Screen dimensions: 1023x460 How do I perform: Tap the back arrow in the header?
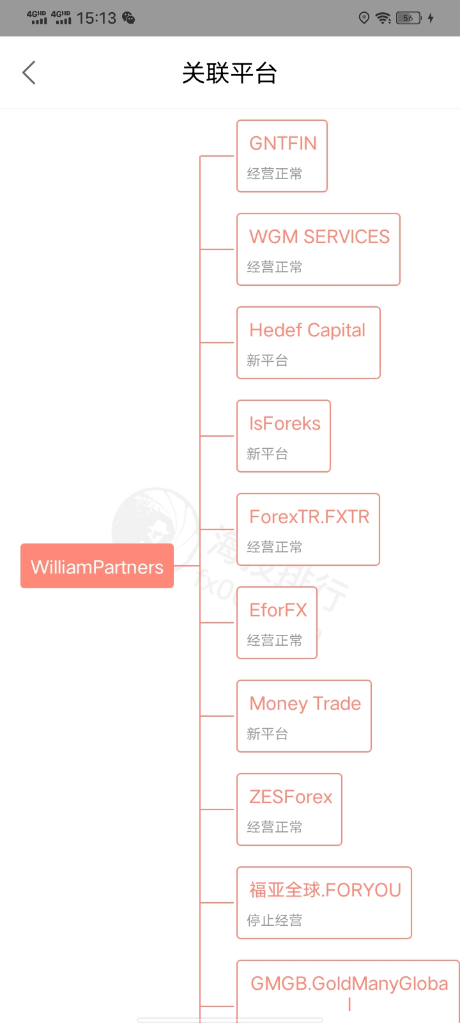[29, 73]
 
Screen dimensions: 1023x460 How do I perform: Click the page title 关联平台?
[229, 73]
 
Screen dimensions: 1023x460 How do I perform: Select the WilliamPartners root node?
[97, 566]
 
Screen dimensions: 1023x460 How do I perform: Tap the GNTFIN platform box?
[282, 156]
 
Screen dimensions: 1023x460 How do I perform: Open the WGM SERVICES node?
[318, 249]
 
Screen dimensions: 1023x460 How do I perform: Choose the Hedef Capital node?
[308, 343]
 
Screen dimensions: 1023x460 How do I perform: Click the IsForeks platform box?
[284, 436]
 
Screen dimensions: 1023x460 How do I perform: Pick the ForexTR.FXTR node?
[308, 529]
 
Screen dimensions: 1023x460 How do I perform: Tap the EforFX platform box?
[277, 623]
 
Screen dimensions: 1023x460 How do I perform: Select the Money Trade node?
[304, 716]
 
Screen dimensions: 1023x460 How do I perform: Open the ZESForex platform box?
[289, 809]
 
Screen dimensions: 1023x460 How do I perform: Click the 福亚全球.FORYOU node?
[324, 903]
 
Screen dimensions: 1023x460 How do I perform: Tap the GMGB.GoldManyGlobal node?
[348, 991]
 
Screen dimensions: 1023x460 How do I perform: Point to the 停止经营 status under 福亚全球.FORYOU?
[275, 920]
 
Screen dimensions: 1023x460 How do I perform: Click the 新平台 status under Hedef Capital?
[268, 360]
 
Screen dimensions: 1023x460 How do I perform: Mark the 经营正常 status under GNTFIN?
[275, 173]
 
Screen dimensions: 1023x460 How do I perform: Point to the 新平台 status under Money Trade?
[268, 733]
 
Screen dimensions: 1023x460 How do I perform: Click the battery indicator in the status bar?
[409, 18]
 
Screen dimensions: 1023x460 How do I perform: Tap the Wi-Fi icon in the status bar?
[383, 18]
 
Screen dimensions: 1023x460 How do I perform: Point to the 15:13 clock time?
[96, 18]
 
